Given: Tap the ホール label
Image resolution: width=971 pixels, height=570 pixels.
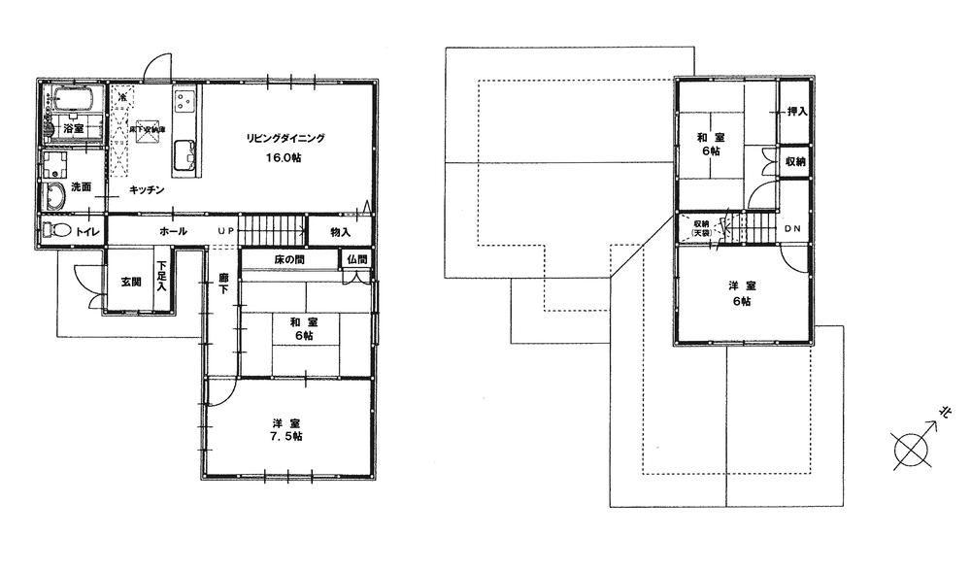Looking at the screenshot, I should coord(173,231).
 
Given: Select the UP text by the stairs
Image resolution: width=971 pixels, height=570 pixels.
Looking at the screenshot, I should coord(225,231).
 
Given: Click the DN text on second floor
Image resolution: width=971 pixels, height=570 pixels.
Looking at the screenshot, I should coord(793,229).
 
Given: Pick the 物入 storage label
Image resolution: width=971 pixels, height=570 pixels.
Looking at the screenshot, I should coord(339,232).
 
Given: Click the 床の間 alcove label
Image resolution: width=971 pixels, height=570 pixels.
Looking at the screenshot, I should coord(290,260).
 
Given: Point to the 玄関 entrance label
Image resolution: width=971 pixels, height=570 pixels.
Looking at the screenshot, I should coord(131,282).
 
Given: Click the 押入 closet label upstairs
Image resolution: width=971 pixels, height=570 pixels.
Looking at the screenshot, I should coord(796,112).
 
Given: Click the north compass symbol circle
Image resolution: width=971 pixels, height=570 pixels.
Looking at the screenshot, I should coord(910,450).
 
